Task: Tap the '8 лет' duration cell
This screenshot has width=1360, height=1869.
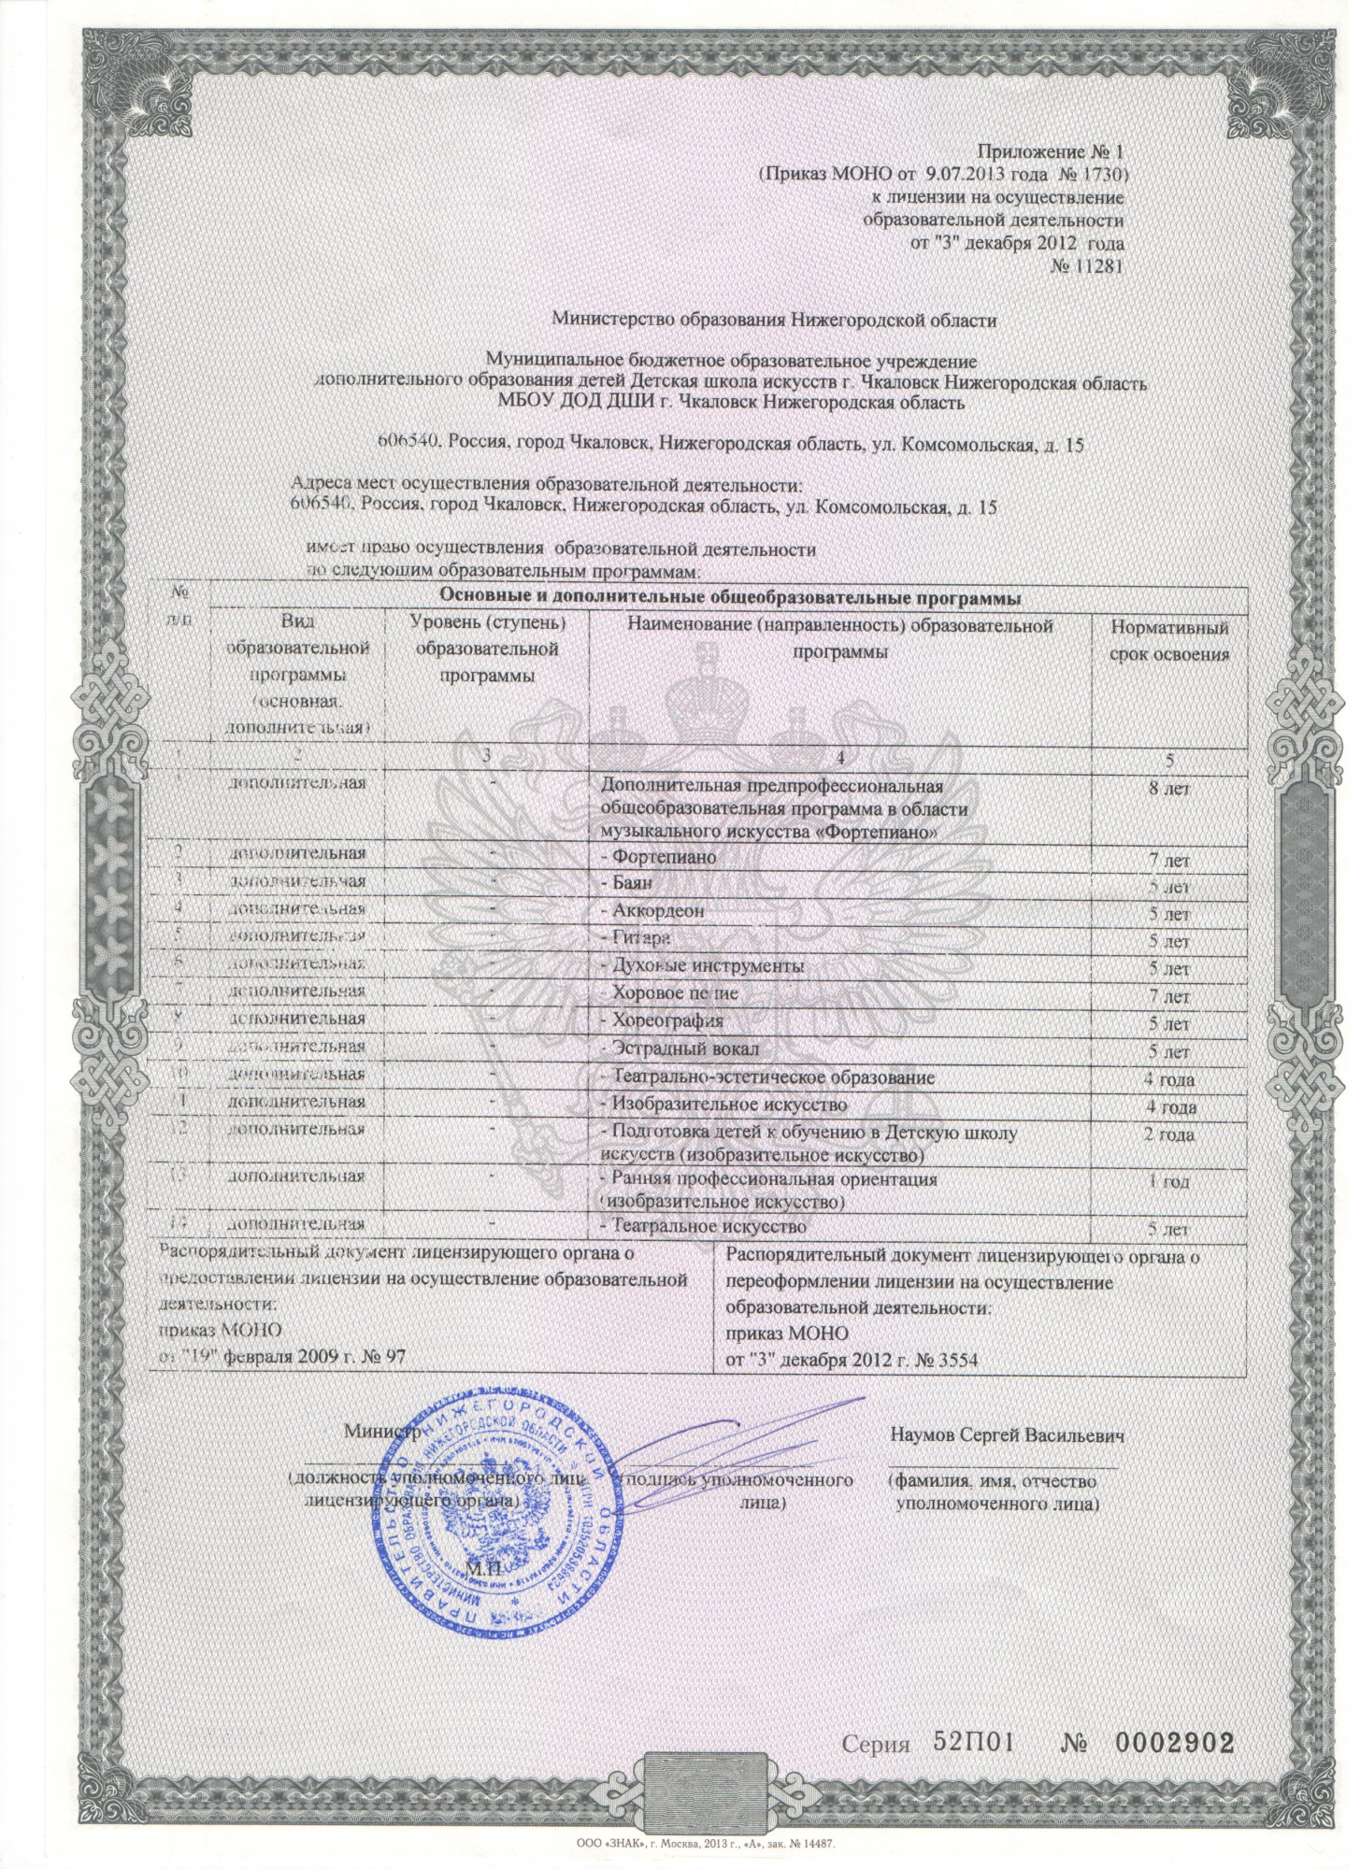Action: point(1168,790)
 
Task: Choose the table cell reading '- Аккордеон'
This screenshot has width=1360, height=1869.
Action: point(652,910)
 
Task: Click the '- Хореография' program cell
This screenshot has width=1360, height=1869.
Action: point(662,1020)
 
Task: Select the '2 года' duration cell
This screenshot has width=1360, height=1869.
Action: point(1168,1135)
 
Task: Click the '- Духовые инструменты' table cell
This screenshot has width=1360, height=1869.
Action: point(702,965)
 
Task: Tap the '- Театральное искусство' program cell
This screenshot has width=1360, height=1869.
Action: point(702,1225)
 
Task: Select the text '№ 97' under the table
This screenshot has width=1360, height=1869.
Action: point(384,1356)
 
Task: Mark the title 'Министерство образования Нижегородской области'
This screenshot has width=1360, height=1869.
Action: point(774,320)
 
